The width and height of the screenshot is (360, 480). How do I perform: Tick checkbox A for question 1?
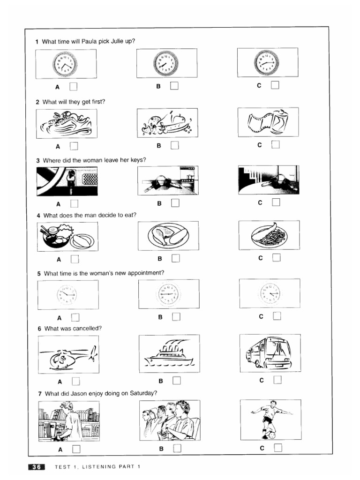[x=73, y=86]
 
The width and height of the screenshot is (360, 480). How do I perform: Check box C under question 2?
[x=275, y=144]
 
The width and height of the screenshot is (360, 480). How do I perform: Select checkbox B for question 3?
[x=175, y=203]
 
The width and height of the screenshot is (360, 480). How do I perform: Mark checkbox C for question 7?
[x=278, y=448]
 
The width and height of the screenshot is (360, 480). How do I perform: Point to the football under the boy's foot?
[x=271, y=435]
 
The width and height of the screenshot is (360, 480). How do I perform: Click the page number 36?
[x=36, y=466]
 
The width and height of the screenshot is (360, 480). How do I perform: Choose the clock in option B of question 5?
[x=168, y=294]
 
